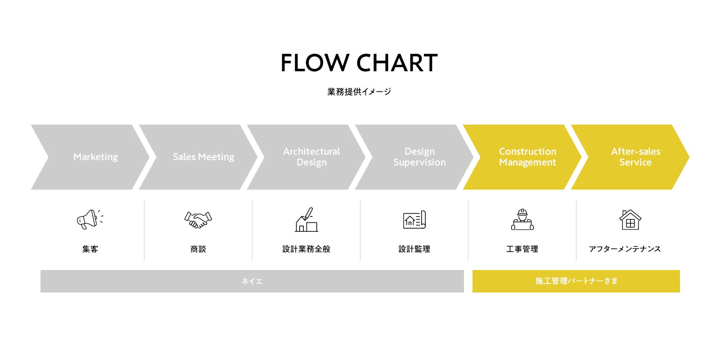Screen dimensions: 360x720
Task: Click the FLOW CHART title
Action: (x=359, y=63)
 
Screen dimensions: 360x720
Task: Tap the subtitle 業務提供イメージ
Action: (x=359, y=92)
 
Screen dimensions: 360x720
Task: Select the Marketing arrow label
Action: (x=95, y=157)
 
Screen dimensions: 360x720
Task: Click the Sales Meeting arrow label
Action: (x=203, y=157)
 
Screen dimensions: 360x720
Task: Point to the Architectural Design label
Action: (x=311, y=157)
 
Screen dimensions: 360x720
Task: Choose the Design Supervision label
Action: (x=419, y=157)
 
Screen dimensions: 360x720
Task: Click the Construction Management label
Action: (x=527, y=157)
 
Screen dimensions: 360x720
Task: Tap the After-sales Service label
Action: (x=635, y=157)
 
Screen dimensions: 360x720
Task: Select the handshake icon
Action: (x=198, y=220)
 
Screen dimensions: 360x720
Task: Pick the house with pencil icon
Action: (x=306, y=220)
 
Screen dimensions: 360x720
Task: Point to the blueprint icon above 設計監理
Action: (x=414, y=220)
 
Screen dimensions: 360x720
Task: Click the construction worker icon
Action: (x=522, y=220)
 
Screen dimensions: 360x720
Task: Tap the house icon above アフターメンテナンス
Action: (x=630, y=220)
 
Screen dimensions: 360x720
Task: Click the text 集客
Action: (x=90, y=249)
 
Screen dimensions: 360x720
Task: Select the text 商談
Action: (x=198, y=249)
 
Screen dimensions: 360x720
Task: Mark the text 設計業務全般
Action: (x=306, y=249)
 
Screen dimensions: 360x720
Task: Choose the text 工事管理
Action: (x=522, y=249)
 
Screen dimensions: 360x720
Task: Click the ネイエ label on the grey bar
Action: (x=252, y=281)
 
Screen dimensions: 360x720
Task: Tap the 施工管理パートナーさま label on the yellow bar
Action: (x=576, y=281)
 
